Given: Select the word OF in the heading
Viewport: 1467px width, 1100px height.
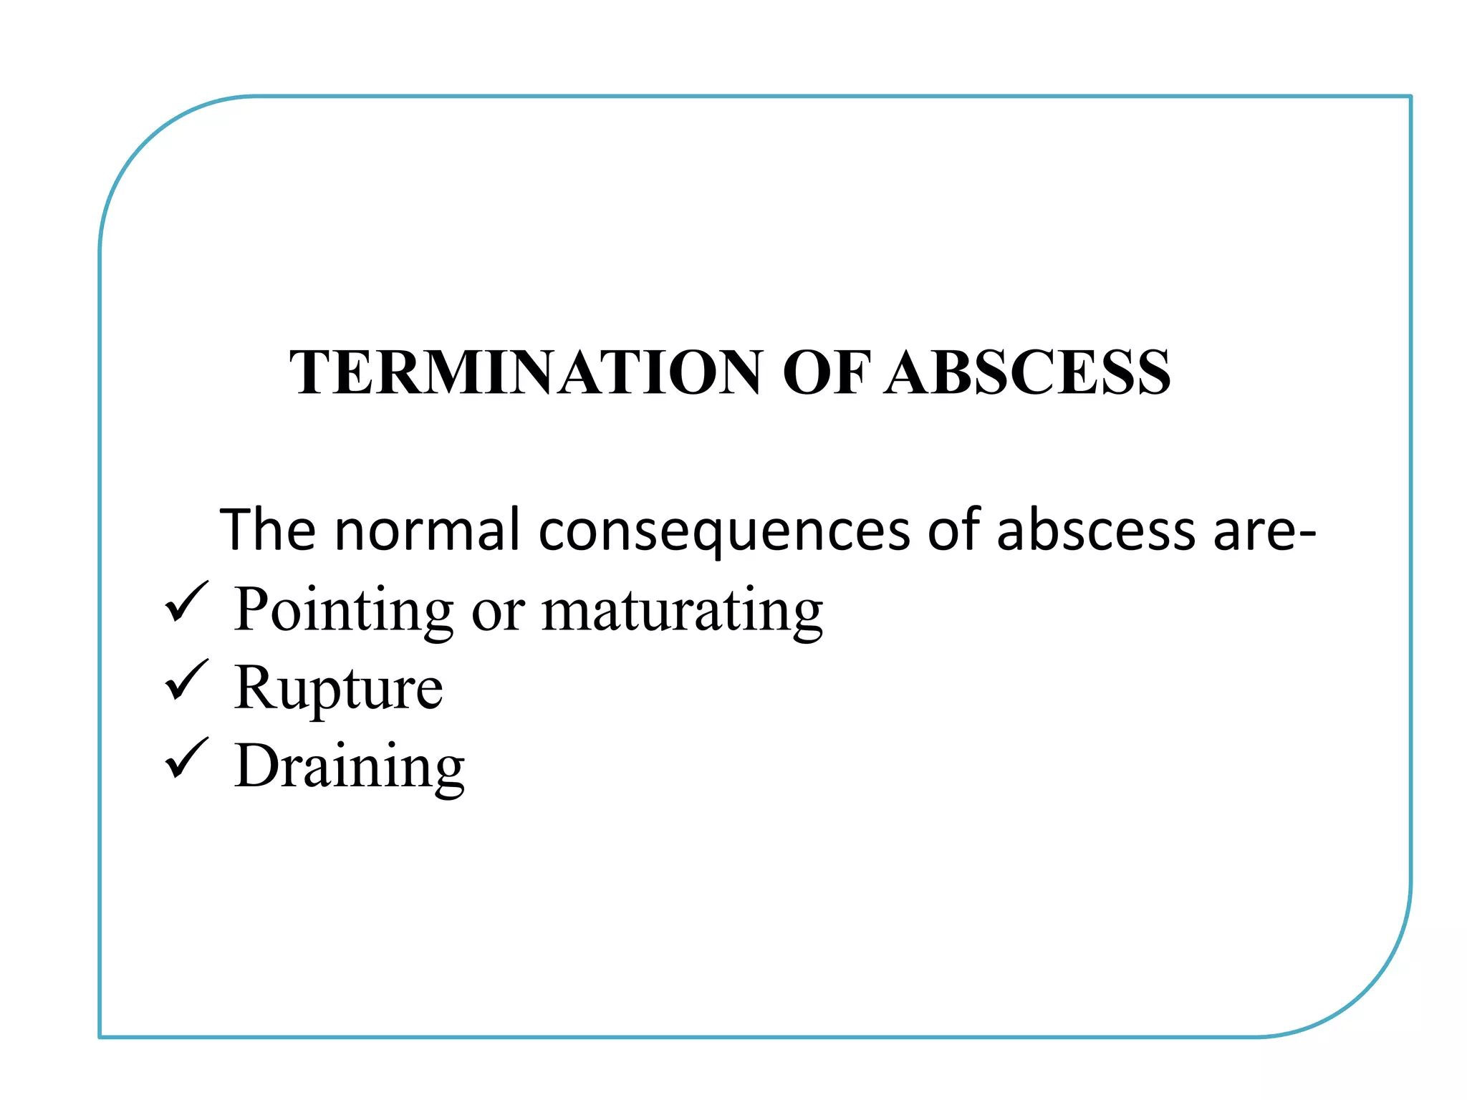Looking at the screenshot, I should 826,372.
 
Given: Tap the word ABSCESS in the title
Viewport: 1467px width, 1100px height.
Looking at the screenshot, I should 1027,372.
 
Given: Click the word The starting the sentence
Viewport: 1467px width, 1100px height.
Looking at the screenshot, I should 267,530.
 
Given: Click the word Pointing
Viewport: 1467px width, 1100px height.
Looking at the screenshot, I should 343,610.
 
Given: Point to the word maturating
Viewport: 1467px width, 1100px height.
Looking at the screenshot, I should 682,610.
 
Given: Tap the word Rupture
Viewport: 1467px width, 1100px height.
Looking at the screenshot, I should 338,688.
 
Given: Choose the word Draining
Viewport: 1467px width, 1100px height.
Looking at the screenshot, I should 349,766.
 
